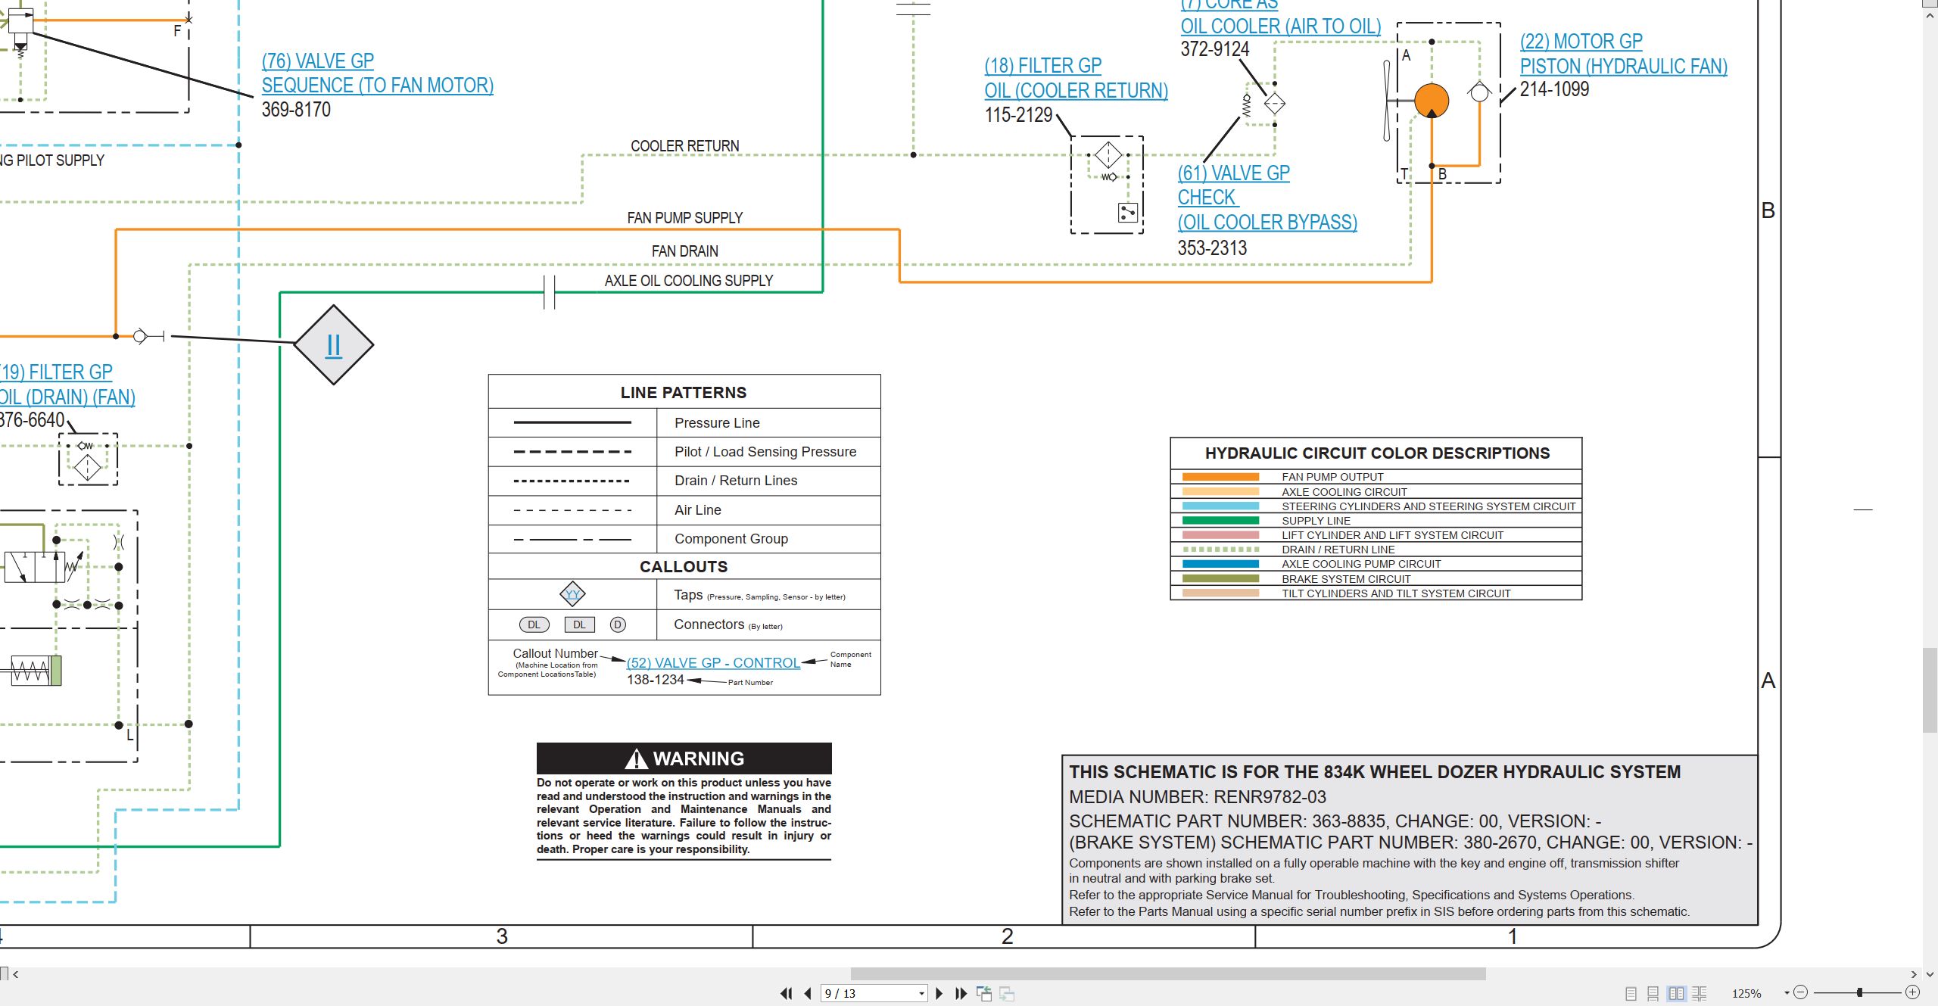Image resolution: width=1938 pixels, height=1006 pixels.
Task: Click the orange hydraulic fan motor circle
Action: pos(1431,101)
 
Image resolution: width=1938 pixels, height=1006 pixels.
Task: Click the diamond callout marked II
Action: pos(333,344)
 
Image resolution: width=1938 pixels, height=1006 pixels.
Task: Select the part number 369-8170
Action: pos(296,110)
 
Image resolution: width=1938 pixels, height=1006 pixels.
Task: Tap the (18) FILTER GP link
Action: pos(1042,66)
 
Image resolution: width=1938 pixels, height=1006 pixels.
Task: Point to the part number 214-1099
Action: pos(1554,89)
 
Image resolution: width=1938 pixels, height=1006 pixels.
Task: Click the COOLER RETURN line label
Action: pos(684,146)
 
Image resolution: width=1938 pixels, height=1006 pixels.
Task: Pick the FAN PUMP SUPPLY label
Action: pos(684,218)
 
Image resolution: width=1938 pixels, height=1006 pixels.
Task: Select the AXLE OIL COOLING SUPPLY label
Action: pos(688,281)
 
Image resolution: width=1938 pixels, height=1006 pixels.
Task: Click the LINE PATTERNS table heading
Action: pos(684,392)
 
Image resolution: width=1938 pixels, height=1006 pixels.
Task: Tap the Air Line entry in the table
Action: pos(697,510)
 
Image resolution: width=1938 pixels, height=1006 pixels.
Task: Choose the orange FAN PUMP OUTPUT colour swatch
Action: pos(1220,477)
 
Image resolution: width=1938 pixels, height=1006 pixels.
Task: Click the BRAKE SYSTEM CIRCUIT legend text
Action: pos(1346,579)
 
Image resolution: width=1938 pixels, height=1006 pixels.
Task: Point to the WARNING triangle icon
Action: pos(637,758)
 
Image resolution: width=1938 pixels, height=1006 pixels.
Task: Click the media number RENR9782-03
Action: pos(1270,797)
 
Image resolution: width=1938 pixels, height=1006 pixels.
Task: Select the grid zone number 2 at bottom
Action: pos(1007,936)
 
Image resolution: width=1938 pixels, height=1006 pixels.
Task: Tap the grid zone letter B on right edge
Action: pos(1768,210)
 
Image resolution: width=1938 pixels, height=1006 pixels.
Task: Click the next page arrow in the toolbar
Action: pos(939,993)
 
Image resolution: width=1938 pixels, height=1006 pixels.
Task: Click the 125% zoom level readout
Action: pos(1746,993)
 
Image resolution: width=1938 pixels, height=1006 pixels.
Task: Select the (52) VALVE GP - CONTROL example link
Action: pos(713,663)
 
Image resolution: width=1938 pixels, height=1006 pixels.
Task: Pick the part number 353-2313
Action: pos(1212,248)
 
